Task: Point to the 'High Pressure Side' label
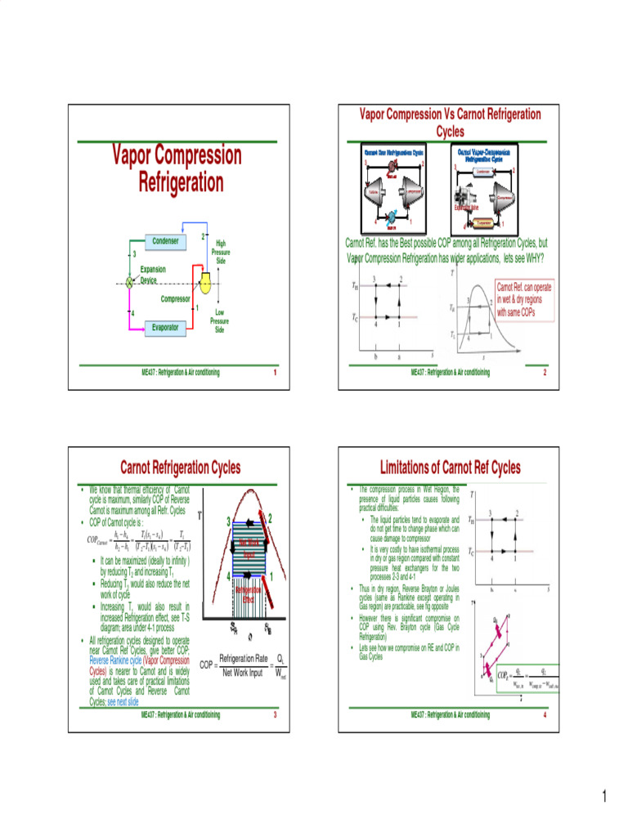pos(220,252)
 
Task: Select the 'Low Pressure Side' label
pos(219,320)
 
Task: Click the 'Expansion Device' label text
pos(152,274)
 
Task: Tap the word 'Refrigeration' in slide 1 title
pos(181,181)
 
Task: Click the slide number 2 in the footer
pos(544,373)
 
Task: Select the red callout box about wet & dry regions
pos(524,301)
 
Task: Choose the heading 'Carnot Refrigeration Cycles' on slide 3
pos(181,468)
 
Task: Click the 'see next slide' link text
pos(122,701)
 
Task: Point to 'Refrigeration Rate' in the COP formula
pos(239,658)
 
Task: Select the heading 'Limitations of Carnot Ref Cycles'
pos(451,468)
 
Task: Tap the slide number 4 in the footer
pos(544,714)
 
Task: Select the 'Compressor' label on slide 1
pos(175,299)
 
